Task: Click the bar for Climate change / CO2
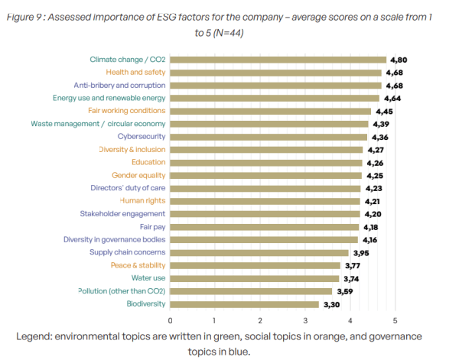[278, 60]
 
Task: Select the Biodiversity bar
[244, 304]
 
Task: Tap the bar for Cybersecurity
[268, 137]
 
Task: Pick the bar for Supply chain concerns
[259, 253]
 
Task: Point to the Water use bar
[254, 279]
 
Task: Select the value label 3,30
[331, 304]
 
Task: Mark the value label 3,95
[361, 253]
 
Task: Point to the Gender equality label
[139, 175]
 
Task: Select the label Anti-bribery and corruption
[120, 85]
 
